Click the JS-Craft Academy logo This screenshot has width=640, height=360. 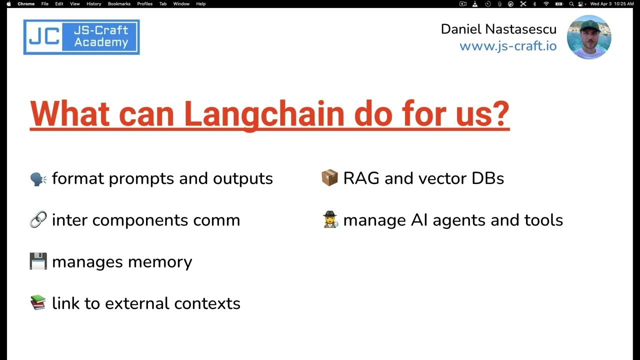tap(81, 37)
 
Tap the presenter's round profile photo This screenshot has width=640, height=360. tap(589, 37)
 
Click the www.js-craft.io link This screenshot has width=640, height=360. tap(507, 46)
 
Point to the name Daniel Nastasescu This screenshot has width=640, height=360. tap(498, 29)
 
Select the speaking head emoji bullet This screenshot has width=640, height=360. tap(38, 178)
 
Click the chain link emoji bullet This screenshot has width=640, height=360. tap(38, 220)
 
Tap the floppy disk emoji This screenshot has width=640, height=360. tap(38, 261)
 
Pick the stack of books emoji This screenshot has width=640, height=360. tap(38, 303)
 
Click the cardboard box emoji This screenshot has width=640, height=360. tap(329, 178)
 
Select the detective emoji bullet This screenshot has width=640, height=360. tap(329, 220)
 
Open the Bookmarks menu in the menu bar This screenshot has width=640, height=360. tap(119, 4)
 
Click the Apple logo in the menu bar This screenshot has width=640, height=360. tap(8, 4)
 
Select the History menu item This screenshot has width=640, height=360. tap(93, 4)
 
